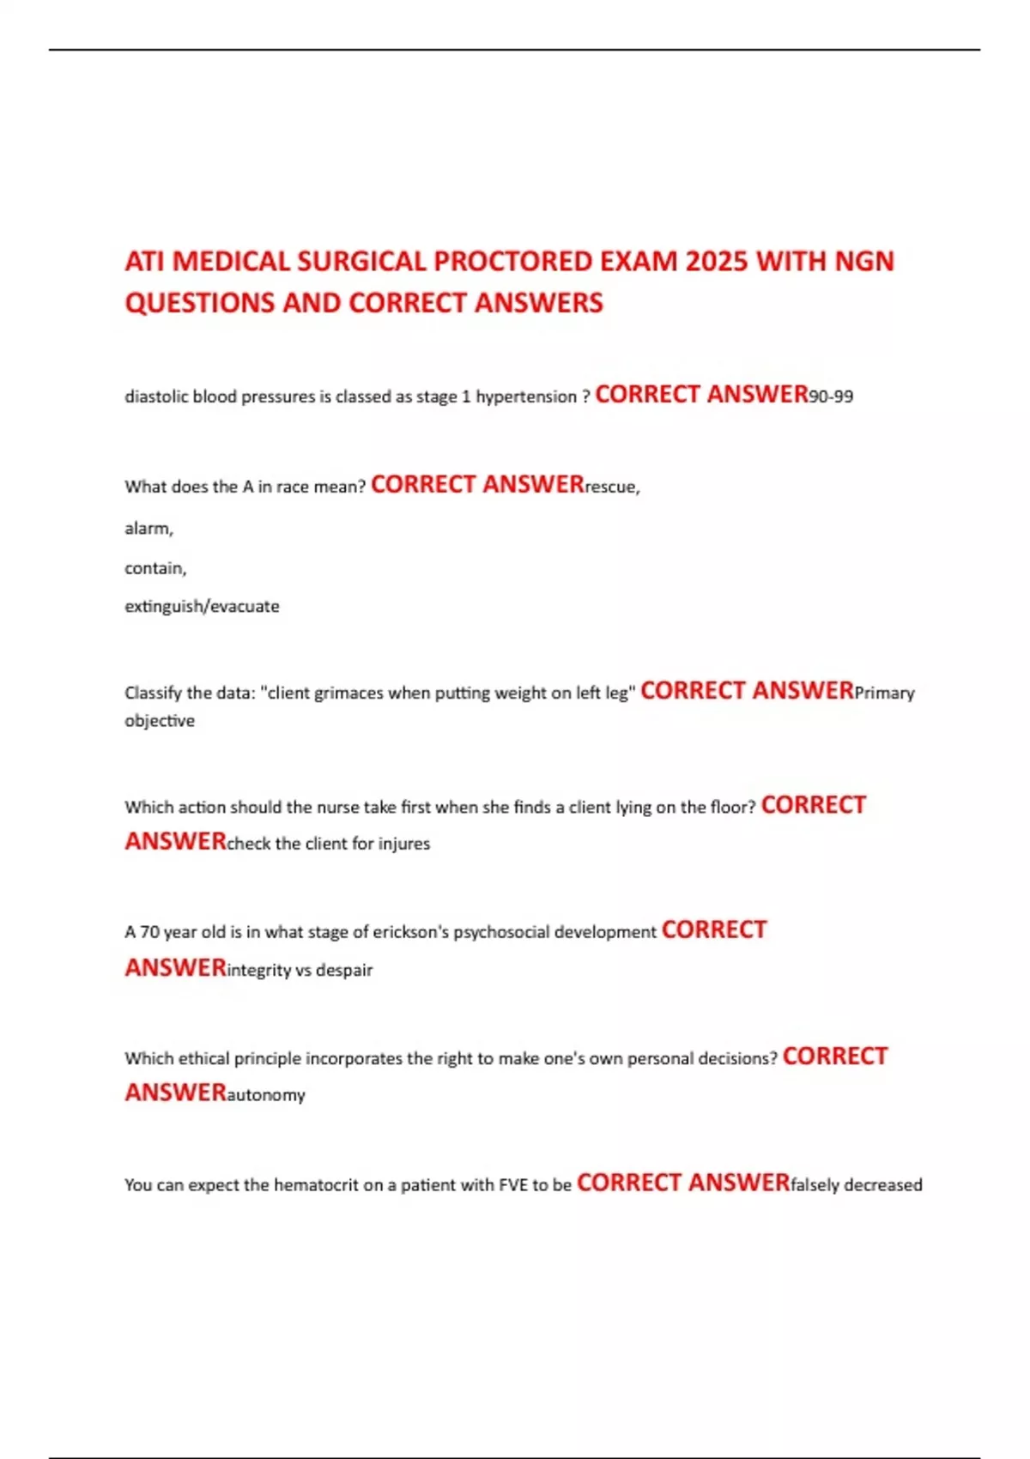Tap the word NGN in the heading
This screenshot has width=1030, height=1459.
pos(864,261)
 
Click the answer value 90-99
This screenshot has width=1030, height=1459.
pos(831,397)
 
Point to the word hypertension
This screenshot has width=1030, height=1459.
pos(526,397)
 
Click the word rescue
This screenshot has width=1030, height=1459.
pos(611,487)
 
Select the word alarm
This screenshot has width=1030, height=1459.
pos(148,529)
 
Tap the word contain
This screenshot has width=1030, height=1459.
pos(154,568)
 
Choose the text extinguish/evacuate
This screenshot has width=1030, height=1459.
pos(202,607)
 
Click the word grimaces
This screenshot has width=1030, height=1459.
pos(348,693)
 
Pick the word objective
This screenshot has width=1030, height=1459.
pos(160,721)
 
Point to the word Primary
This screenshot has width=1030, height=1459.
pos(884,693)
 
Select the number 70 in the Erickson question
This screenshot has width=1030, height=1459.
pos(149,932)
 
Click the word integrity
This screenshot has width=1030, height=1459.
pos(258,971)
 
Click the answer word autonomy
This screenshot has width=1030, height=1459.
pos(265,1095)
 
